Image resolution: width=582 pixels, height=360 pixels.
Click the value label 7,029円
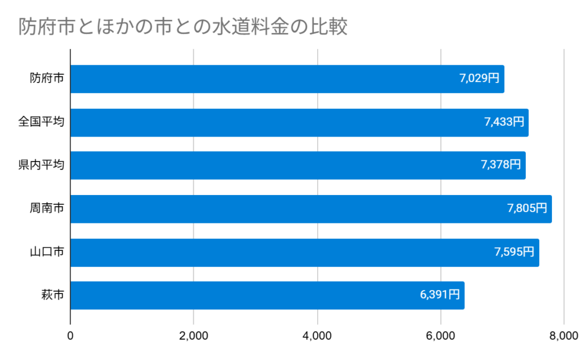479,78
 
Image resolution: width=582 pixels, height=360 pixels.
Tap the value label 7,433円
504,122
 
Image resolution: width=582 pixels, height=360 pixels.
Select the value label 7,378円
500,165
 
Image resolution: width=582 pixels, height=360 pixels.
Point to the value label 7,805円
527,208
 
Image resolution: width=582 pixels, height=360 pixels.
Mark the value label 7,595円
514,251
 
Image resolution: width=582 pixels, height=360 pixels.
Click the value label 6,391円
439,295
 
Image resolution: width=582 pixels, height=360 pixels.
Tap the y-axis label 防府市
47,79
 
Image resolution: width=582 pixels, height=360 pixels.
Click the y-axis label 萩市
52,295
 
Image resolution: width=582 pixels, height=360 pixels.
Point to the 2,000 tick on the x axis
194,336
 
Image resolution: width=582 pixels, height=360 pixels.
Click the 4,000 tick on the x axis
317,336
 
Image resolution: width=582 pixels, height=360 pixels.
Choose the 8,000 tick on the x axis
563,336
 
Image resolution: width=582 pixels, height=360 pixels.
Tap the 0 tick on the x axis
70,336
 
